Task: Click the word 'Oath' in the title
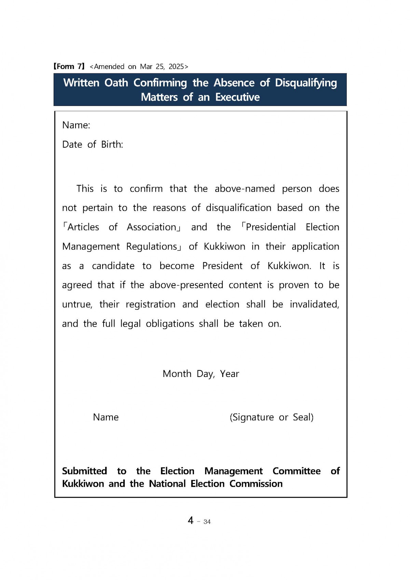(x=116, y=83)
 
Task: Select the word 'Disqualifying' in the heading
(x=306, y=83)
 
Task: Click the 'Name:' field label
(x=76, y=125)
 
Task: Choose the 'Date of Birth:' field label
(x=92, y=145)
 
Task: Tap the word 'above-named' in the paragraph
(x=245, y=189)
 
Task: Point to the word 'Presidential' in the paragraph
(x=271, y=227)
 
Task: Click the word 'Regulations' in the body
(x=151, y=246)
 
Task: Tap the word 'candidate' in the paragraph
(x=113, y=266)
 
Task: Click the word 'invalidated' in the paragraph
(x=314, y=304)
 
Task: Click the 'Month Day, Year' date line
(x=201, y=374)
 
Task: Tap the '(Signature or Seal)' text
(x=272, y=417)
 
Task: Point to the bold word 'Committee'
(x=296, y=471)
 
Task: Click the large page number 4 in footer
(x=190, y=521)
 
